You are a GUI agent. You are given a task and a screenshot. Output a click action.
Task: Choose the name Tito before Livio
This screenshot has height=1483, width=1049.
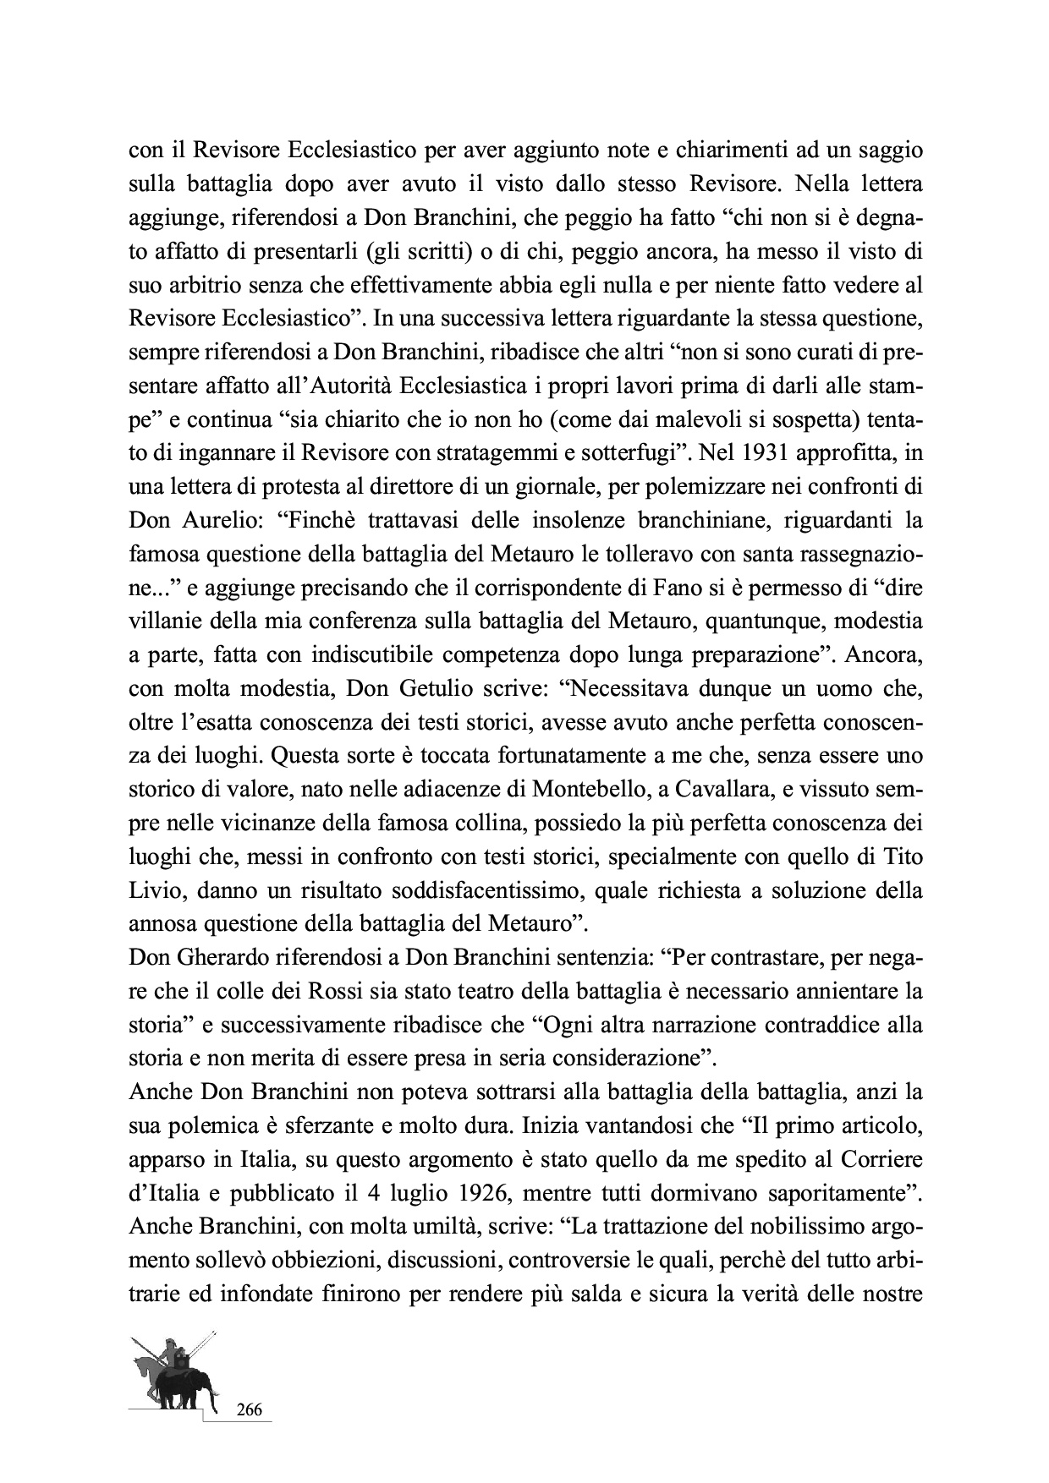click(900, 856)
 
